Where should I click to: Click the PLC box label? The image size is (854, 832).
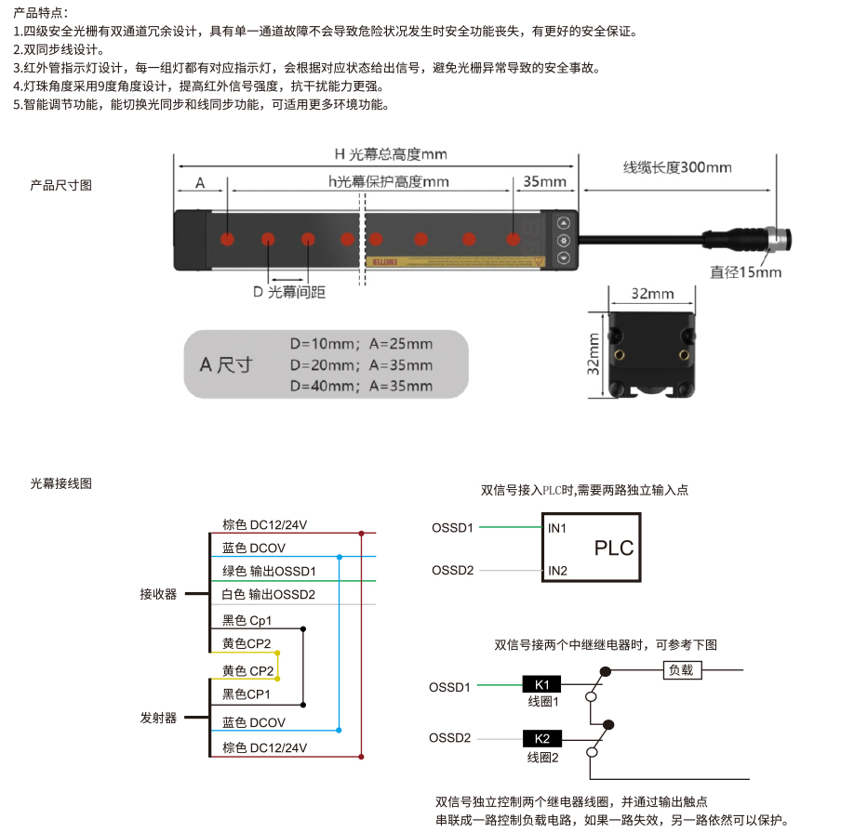point(614,548)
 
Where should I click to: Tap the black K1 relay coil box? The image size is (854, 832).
point(541,684)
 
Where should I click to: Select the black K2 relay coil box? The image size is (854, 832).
point(542,738)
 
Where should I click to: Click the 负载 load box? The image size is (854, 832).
point(682,670)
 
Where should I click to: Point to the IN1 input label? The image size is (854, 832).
point(557,528)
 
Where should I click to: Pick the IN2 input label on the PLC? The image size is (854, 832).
point(558,570)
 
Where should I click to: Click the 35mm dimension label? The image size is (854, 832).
point(544,181)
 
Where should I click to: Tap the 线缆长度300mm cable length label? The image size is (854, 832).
point(677,167)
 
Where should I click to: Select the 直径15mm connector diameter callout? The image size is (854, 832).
point(745,272)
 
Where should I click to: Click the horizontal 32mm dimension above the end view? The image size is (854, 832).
point(652,294)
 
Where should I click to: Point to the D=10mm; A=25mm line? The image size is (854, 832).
point(361,344)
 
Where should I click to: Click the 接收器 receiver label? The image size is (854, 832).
point(158,594)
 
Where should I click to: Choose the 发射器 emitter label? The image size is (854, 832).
point(158,718)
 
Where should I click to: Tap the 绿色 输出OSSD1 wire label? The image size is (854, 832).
point(269,571)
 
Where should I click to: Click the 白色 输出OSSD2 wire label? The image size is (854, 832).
point(269,594)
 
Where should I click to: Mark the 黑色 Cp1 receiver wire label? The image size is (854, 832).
point(247,620)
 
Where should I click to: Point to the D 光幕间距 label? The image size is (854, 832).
point(289,292)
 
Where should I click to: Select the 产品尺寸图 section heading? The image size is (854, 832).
point(61,186)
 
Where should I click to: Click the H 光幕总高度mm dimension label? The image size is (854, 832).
point(391,154)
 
